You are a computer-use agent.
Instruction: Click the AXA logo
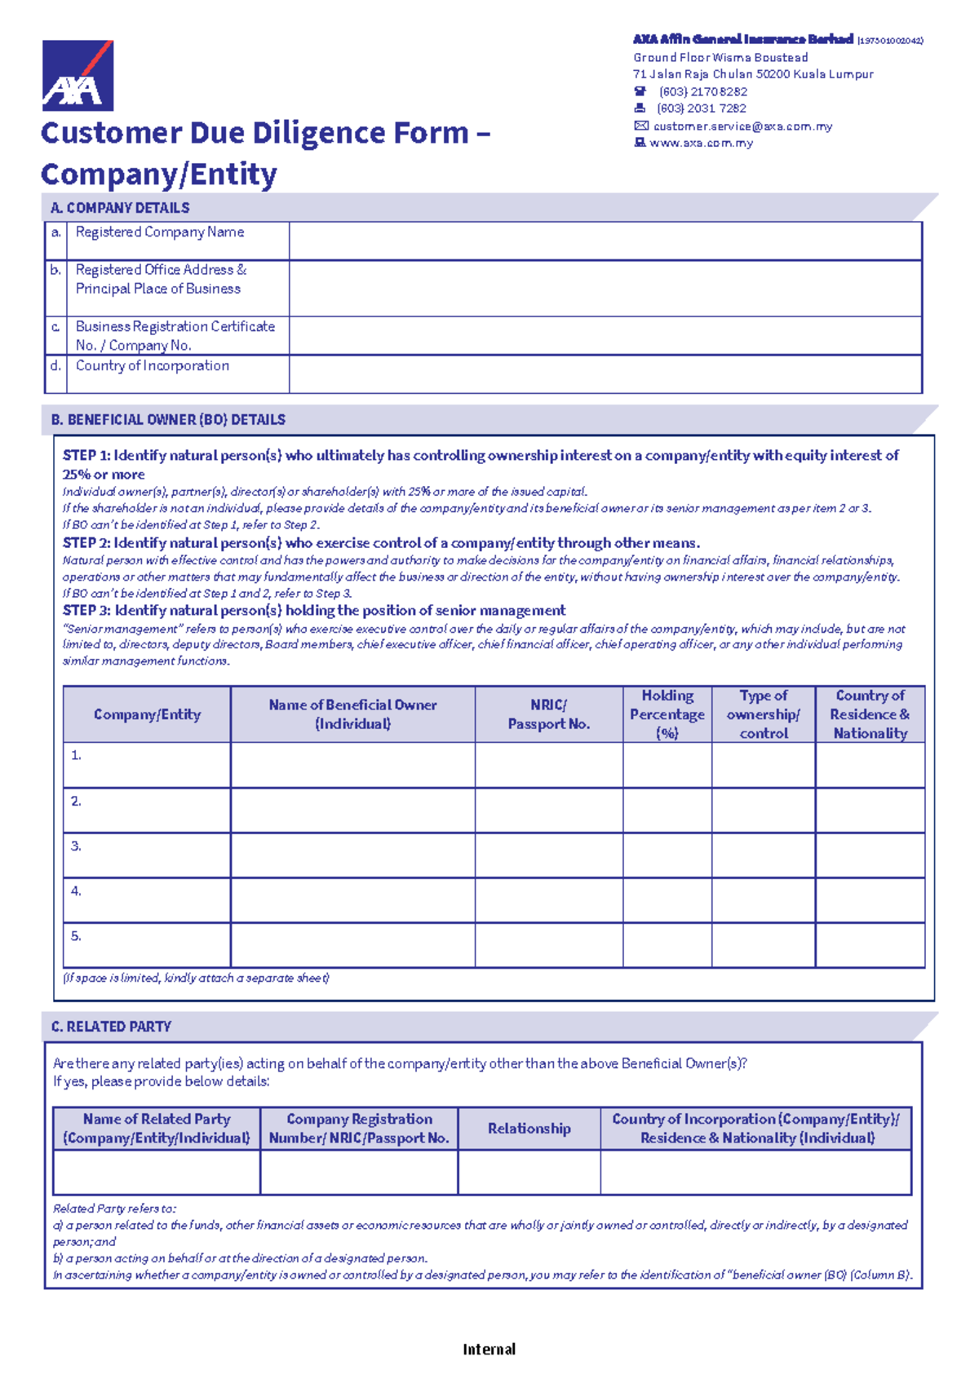[x=78, y=76]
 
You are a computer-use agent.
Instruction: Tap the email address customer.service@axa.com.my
[x=742, y=126]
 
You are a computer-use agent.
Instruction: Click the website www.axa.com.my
[x=701, y=143]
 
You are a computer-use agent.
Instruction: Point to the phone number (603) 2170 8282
[x=702, y=92]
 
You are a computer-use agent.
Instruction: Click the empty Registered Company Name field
[x=605, y=241]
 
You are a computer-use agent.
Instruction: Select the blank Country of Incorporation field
[x=605, y=374]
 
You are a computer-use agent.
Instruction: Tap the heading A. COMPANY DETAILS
[x=120, y=208]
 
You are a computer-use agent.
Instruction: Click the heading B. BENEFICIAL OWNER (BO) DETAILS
[x=168, y=420]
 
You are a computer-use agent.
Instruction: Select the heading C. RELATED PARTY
[x=111, y=1027]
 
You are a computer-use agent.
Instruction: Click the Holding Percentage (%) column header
[x=667, y=714]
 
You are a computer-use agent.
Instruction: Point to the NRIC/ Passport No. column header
[x=548, y=714]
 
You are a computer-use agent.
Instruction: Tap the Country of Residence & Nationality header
[x=870, y=714]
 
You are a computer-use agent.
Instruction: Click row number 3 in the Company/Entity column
[x=76, y=846]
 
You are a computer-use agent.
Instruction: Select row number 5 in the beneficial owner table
[x=76, y=936]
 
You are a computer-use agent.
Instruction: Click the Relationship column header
[x=529, y=1129]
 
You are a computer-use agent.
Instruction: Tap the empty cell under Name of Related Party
[x=156, y=1173]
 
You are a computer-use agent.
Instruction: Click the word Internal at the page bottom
[x=489, y=1350]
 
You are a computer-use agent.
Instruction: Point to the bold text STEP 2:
[x=86, y=543]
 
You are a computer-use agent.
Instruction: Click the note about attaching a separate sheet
[x=196, y=978]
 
